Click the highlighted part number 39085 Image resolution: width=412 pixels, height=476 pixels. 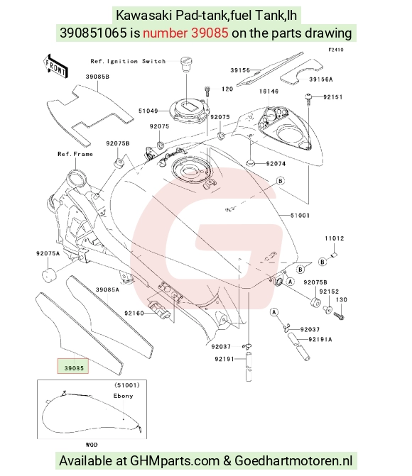pyautogui.click(x=74, y=368)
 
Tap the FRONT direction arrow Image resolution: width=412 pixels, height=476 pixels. pyautogui.click(x=55, y=66)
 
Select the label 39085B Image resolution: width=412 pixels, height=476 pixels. pyautogui.click(x=97, y=77)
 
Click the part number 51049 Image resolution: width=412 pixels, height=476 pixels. pyautogui.click(x=148, y=111)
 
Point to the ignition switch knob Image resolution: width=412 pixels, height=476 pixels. pyautogui.click(x=186, y=64)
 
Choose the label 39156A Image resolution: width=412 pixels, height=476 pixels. pyautogui.click(x=321, y=79)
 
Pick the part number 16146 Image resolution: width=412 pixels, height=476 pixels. pyautogui.click(x=269, y=91)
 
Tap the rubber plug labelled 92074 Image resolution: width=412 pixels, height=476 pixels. pyautogui.click(x=250, y=163)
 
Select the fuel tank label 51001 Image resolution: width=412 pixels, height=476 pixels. pyautogui.click(x=300, y=215)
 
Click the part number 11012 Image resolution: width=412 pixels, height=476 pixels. pyautogui.click(x=334, y=238)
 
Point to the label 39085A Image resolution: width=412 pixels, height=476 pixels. pyautogui.click(x=107, y=289)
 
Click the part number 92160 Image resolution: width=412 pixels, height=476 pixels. pyautogui.click(x=134, y=313)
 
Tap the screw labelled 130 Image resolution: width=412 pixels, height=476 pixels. pyautogui.click(x=339, y=316)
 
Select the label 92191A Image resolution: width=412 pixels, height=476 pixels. pyautogui.click(x=320, y=339)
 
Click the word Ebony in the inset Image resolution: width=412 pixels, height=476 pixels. pyautogui.click(x=123, y=396)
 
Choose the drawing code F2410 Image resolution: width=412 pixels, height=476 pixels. pyautogui.click(x=336, y=50)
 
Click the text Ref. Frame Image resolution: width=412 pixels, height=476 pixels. pyautogui.click(x=75, y=154)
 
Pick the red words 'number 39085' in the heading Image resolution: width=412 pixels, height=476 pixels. pyautogui.click(x=185, y=33)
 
